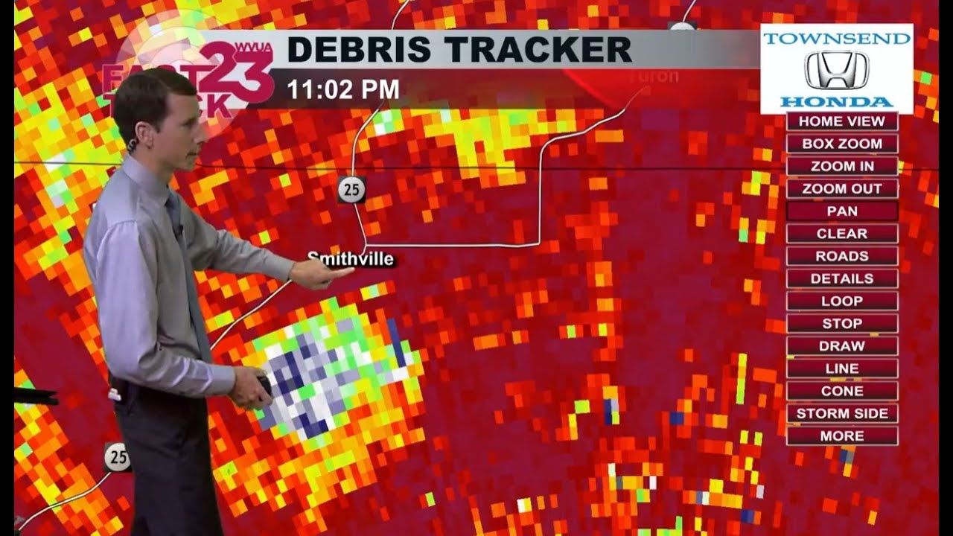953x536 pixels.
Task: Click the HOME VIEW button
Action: [x=842, y=121]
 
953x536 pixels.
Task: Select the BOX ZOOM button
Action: [x=842, y=144]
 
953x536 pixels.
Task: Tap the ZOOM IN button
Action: [x=842, y=166]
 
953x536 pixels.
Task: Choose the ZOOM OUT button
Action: [x=842, y=188]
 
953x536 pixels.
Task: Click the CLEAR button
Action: [x=842, y=234]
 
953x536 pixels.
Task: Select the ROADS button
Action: [x=842, y=256]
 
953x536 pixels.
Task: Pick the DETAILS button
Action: [x=842, y=278]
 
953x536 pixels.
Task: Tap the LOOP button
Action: [x=842, y=301]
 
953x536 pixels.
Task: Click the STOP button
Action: [x=842, y=323]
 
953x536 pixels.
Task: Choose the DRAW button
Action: [x=842, y=345]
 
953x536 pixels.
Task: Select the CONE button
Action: [x=842, y=391]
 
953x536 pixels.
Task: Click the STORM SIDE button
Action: [x=842, y=413]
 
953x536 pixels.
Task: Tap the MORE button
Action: [x=842, y=435]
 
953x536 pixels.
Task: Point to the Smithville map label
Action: [x=351, y=258]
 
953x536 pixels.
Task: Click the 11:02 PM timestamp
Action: [x=343, y=90]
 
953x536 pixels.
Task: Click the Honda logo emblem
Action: [x=836, y=70]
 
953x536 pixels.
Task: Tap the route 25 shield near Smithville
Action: [x=351, y=190]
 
